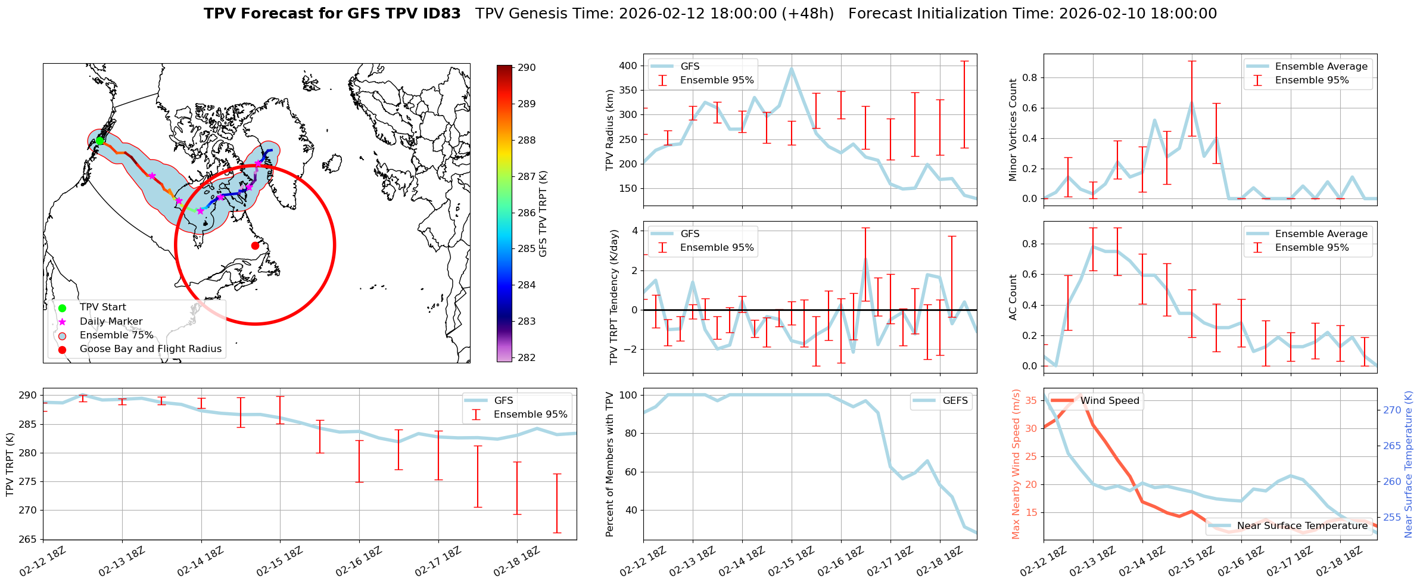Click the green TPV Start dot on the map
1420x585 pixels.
(x=100, y=141)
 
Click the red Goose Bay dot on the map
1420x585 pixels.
(x=255, y=245)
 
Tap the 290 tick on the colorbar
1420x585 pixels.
(x=527, y=68)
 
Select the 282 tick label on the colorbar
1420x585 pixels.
(x=527, y=357)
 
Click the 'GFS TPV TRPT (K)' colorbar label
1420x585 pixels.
(x=543, y=214)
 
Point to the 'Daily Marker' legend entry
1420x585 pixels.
(x=111, y=322)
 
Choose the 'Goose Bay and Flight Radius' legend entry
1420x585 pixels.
(x=150, y=349)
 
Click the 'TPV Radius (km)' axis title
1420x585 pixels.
(x=610, y=130)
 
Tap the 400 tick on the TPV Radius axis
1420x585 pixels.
(x=629, y=66)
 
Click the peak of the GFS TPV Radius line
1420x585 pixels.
(x=792, y=69)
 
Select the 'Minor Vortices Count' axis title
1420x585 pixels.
(x=1013, y=130)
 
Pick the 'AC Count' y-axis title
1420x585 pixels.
(x=1013, y=297)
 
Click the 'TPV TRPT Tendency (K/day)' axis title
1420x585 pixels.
(x=614, y=297)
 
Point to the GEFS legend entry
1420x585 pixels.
(x=955, y=401)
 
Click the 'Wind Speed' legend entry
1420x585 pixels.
(x=1110, y=401)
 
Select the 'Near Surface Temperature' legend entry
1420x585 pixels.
(x=1301, y=526)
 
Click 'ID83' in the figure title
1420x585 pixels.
(x=440, y=14)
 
